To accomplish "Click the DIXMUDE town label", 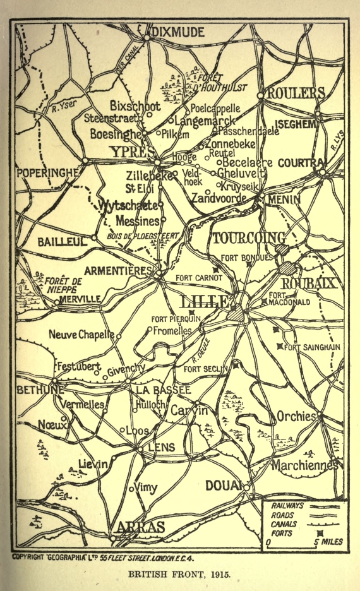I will [178, 32].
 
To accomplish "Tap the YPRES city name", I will [131, 152].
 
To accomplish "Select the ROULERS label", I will [296, 93].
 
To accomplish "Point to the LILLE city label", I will [205, 301].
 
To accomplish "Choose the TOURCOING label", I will [246, 239].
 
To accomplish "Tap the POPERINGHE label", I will [48, 172].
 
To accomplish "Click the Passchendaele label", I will [248, 131].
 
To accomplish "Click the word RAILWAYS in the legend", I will [288, 506].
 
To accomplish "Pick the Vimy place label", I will [147, 487].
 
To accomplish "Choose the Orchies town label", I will [297, 417].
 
